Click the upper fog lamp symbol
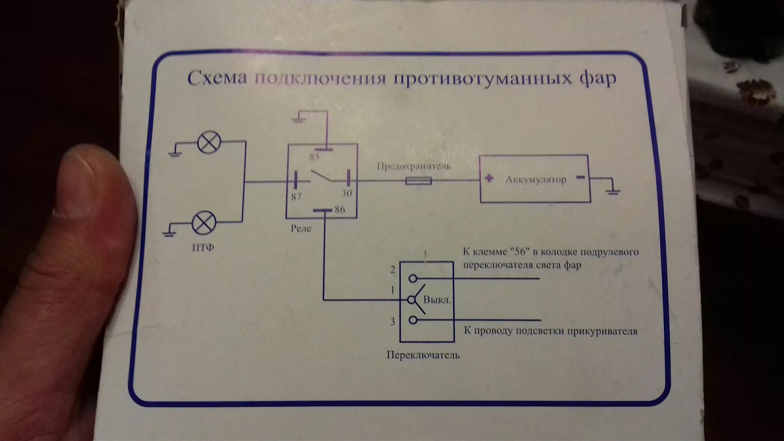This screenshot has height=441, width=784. tap(209, 142)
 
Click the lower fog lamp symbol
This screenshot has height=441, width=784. tap(204, 223)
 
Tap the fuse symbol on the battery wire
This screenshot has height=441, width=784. tap(418, 180)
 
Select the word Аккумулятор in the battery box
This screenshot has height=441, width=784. tap(536, 180)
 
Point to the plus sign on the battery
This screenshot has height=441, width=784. tap(489, 178)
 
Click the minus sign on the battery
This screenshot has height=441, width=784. tap(580, 177)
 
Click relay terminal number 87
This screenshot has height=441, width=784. tap(296, 197)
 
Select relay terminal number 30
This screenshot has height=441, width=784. tap(346, 193)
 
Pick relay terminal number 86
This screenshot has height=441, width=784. tap(340, 209)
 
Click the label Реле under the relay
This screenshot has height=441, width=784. tap(301, 228)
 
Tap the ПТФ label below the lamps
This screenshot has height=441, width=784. tap(203, 247)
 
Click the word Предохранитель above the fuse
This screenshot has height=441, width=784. tap(414, 166)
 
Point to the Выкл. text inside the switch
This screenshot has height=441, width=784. tap(437, 300)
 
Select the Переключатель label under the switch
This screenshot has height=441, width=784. tap(423, 355)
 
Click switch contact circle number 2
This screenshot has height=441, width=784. tap(413, 278)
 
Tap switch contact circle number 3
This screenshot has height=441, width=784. tap(413, 320)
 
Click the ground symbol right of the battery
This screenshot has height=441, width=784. tap(612, 191)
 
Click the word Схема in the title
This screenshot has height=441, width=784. tap(217, 78)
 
